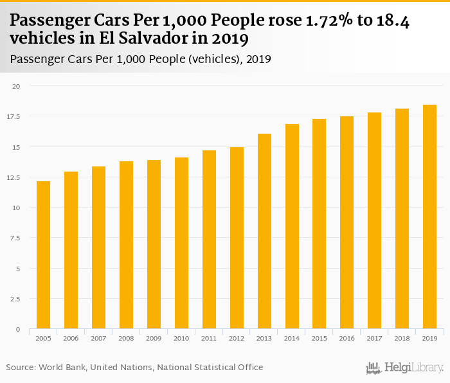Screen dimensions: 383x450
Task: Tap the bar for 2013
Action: [264, 231]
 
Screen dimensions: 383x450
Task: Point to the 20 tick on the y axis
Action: [17, 86]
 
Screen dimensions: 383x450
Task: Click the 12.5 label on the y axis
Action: [14, 177]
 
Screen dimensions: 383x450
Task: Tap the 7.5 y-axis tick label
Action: [16, 238]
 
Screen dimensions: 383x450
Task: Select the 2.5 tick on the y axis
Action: [16, 299]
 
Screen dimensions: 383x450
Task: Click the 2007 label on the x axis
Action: [98, 339]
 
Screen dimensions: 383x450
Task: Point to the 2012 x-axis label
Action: [237, 339]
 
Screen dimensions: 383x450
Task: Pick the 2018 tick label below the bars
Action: [402, 339]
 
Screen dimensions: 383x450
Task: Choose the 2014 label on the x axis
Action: [292, 339]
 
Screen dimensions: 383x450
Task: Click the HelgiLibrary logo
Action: [405, 368]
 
